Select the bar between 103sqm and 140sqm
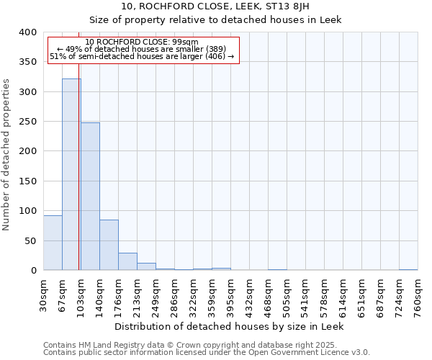[90, 197]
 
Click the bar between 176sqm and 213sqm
[127, 261]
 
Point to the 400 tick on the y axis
[27, 32]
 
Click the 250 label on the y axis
[27, 122]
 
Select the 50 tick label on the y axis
[30, 240]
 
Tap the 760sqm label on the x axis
[418, 296]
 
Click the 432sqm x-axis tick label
[249, 296]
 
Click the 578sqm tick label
[324, 296]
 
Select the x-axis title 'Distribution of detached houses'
[229, 326]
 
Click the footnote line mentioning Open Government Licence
[207, 353]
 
